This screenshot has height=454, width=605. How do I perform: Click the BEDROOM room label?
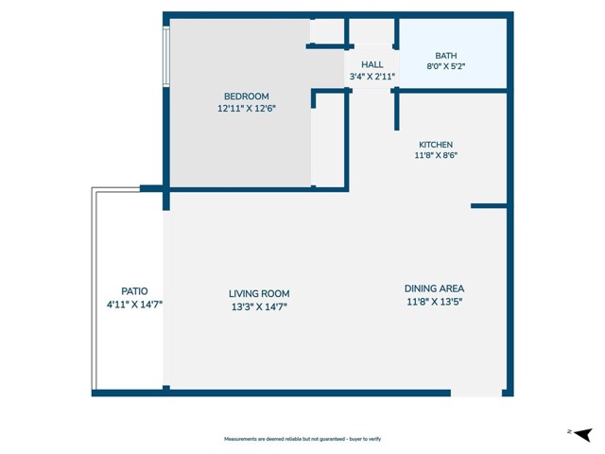(x=246, y=96)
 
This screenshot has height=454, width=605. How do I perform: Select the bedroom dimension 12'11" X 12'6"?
(x=246, y=109)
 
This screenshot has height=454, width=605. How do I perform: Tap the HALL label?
(x=372, y=64)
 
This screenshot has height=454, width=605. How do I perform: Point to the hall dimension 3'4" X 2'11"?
(x=372, y=77)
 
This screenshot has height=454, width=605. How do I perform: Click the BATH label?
(x=445, y=56)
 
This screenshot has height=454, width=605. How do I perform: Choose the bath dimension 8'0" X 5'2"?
(x=445, y=68)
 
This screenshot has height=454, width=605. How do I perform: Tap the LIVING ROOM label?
(x=258, y=293)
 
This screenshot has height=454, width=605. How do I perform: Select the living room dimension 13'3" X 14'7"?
(x=258, y=306)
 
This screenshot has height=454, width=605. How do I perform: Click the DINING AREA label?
(x=434, y=288)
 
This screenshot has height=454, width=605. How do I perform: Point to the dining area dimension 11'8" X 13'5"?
(x=434, y=302)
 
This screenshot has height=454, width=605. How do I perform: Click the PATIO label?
(x=134, y=291)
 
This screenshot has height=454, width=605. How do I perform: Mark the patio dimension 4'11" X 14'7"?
(x=134, y=305)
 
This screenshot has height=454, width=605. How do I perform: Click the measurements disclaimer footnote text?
(x=302, y=439)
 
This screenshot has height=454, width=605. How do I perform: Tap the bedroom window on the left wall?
(x=166, y=57)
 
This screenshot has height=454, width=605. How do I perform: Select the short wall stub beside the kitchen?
(x=489, y=205)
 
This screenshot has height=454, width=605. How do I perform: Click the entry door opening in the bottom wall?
(x=476, y=393)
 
